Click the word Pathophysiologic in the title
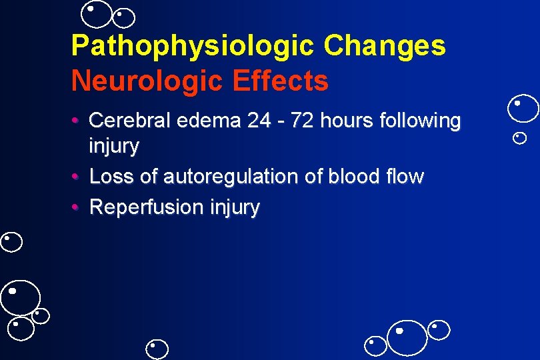pos(192,46)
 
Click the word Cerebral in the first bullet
pos(128,121)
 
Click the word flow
pos(407,177)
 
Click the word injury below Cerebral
pos(114,147)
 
